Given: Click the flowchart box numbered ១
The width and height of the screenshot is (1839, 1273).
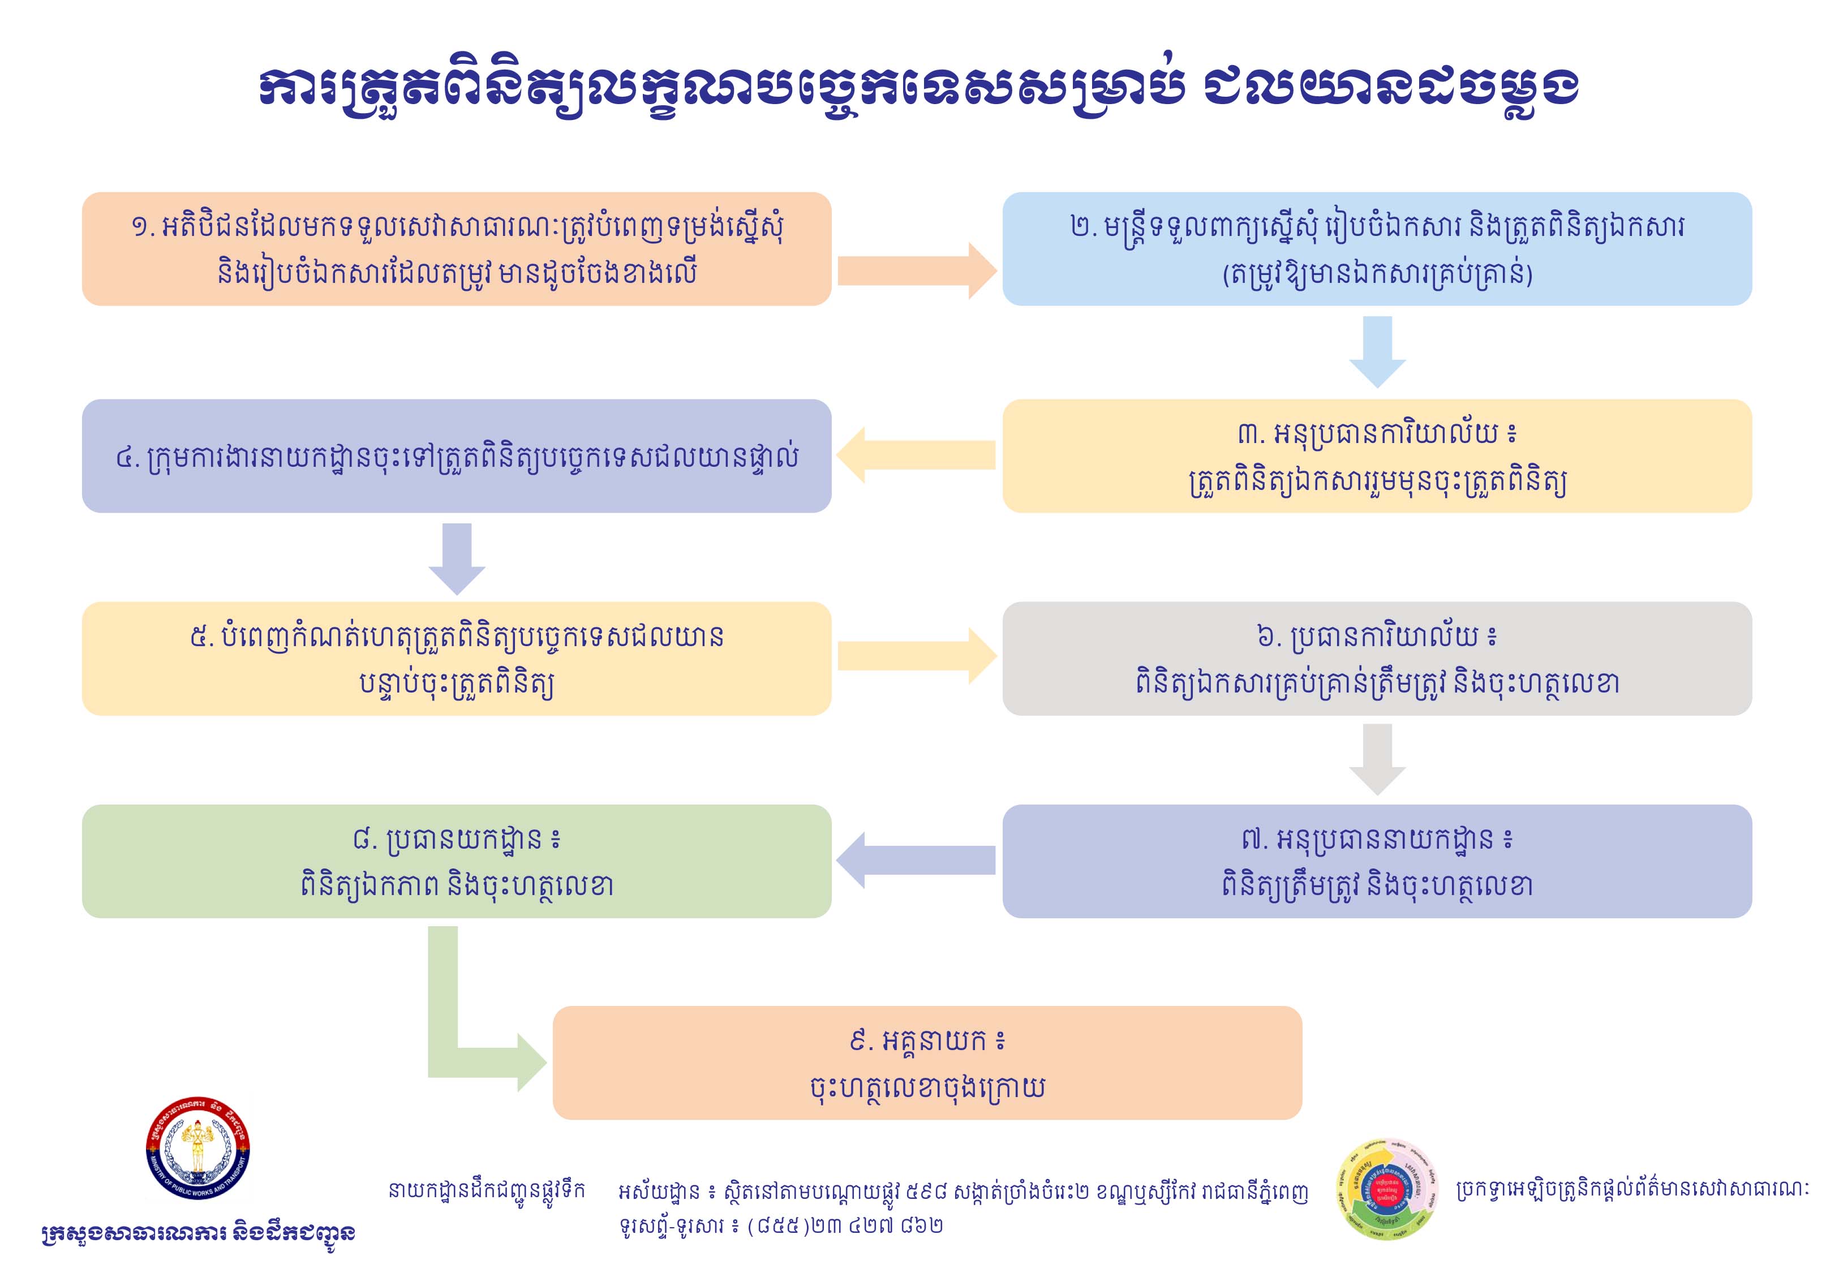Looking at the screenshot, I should coord(456,249).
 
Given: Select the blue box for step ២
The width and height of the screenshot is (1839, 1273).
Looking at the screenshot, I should coord(1377,249).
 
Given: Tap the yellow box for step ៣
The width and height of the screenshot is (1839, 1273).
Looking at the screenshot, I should coord(1377,456).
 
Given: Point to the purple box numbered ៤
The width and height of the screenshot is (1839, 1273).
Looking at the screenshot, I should coord(456,456).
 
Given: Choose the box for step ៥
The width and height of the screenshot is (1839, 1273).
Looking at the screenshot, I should coord(456,659).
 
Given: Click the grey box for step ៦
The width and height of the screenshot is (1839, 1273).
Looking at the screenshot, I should coord(1377,659).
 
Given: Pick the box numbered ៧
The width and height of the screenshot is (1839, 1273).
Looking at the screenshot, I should coord(1377,862).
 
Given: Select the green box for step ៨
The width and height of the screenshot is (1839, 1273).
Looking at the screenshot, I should coord(456,862).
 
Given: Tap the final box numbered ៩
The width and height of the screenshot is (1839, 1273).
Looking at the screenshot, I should coord(927,1063).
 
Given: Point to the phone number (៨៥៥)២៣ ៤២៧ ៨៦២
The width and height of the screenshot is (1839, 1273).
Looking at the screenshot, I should coord(845,1225).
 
